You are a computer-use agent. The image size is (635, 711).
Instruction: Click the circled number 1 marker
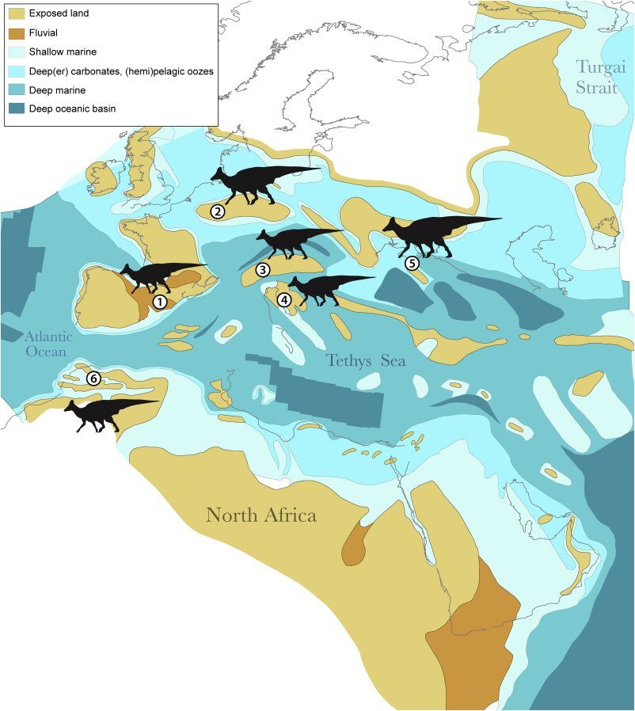click(159, 301)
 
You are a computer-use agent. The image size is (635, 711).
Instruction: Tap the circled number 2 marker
click(218, 211)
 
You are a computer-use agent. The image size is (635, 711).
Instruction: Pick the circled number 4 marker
click(283, 299)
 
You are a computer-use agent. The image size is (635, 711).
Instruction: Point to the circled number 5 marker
click(412, 263)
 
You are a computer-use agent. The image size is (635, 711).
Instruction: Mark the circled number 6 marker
click(93, 378)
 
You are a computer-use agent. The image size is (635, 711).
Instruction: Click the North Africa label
click(261, 515)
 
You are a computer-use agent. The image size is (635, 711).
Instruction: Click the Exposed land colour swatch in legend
click(15, 13)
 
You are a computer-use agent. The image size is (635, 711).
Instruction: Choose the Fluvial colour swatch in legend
click(15, 32)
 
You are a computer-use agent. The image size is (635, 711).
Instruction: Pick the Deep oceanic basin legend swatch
click(15, 108)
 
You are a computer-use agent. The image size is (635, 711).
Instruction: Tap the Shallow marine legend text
click(63, 51)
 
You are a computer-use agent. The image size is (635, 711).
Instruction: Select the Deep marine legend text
click(57, 89)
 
